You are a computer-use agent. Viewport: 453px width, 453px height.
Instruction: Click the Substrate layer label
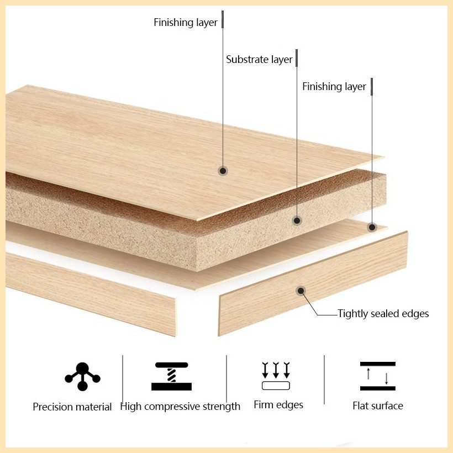[259, 60]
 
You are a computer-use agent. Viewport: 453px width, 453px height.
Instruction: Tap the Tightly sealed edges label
[383, 314]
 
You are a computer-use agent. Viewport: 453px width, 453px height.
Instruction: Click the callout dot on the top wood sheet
[223, 171]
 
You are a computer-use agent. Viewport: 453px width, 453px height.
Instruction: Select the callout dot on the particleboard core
[297, 221]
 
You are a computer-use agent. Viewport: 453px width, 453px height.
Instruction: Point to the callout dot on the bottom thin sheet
[372, 228]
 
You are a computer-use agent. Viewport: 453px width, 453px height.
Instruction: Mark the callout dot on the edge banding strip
[301, 291]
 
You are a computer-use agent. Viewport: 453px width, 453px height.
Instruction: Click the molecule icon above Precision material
[82, 377]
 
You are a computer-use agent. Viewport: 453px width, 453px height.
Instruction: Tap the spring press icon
[172, 376]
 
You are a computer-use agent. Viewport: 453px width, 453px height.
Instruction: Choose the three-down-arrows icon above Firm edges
[276, 376]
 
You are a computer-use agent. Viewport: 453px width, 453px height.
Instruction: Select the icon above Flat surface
[378, 376]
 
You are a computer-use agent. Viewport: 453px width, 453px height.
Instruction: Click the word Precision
[52, 407]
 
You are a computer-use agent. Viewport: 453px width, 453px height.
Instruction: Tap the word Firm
[262, 405]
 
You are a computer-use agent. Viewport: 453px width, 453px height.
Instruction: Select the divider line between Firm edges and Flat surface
[324, 380]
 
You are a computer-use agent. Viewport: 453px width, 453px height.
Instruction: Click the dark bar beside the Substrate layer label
[297, 58]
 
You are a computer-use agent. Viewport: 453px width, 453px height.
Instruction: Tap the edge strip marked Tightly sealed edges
[313, 284]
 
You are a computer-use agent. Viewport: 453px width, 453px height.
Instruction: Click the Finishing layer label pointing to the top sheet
[186, 23]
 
